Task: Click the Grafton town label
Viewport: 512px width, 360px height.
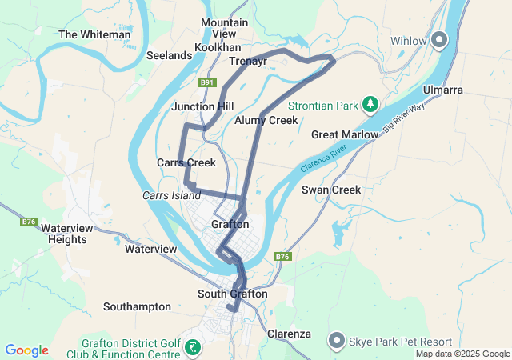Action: tap(230, 224)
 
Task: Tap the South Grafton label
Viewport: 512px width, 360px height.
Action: tap(232, 294)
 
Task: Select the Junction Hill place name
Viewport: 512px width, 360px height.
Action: tap(202, 106)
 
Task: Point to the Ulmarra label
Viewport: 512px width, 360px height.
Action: tap(443, 90)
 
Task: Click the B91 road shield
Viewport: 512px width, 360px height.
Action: tap(208, 83)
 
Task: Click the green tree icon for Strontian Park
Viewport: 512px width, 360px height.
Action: tap(370, 103)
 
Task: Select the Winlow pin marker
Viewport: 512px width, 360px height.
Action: tap(438, 39)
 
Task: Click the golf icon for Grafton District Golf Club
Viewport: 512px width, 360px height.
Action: tap(193, 347)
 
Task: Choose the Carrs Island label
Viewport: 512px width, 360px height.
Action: tap(171, 195)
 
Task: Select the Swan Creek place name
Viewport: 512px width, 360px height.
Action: tap(331, 190)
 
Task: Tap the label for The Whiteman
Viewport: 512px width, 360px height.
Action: tap(94, 34)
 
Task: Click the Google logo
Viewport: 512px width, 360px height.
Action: tap(26, 350)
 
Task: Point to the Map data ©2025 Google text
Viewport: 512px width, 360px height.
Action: tap(462, 354)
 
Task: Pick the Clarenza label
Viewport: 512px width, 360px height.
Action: tap(289, 333)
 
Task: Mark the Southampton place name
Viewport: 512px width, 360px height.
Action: tap(137, 306)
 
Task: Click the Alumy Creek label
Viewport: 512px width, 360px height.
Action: tap(266, 120)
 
